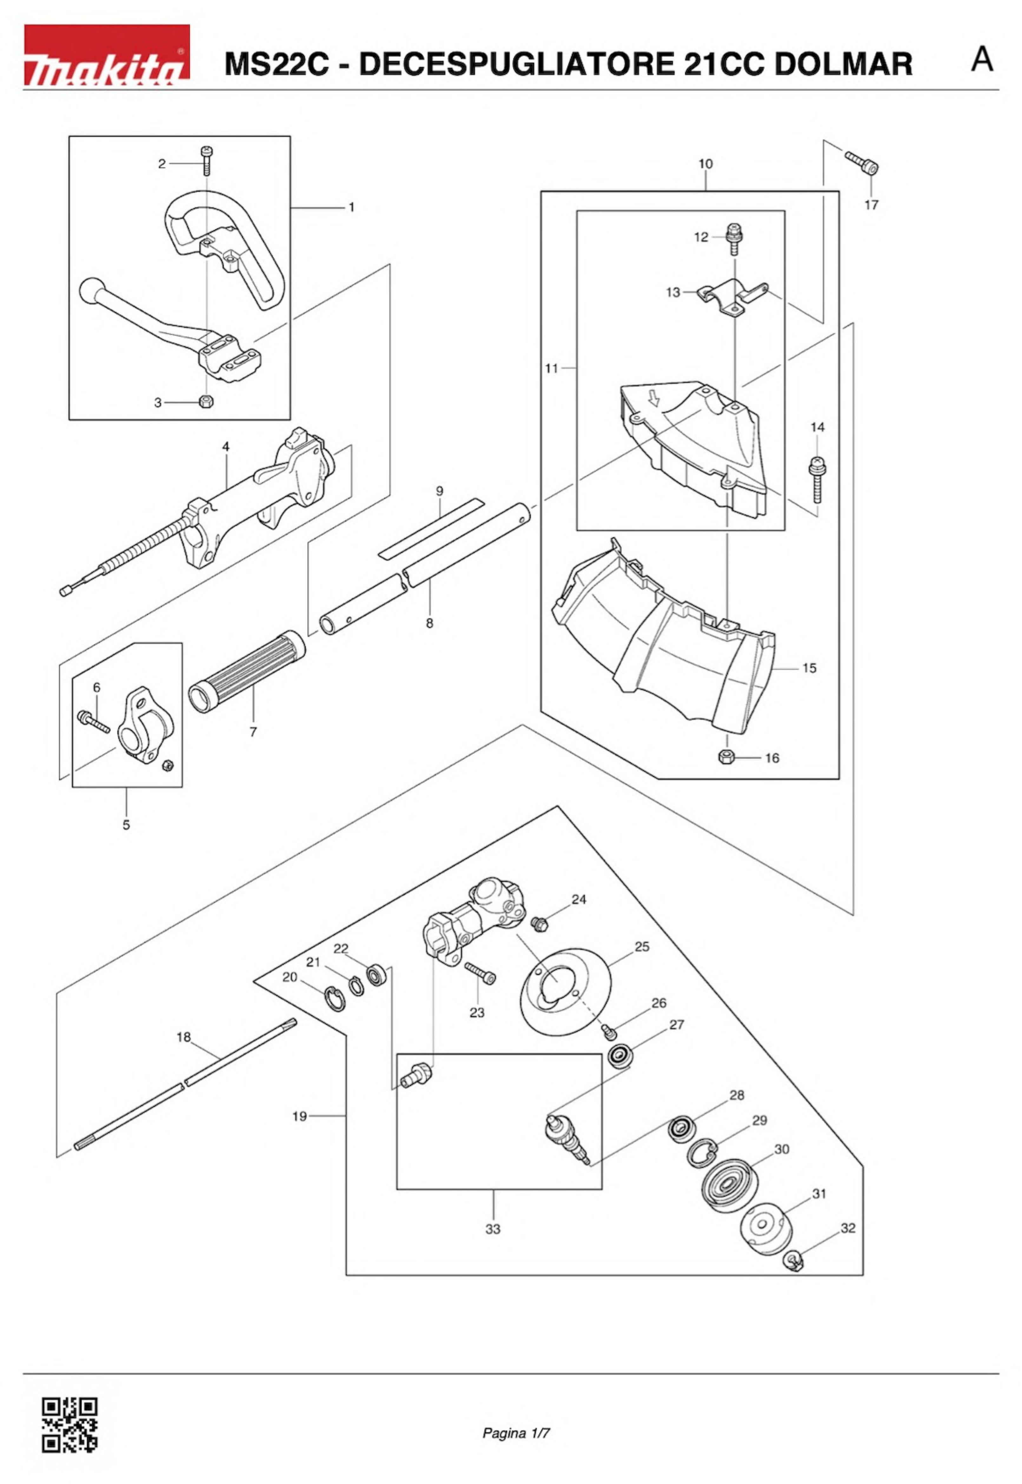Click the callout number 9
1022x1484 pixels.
pyautogui.click(x=439, y=491)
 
